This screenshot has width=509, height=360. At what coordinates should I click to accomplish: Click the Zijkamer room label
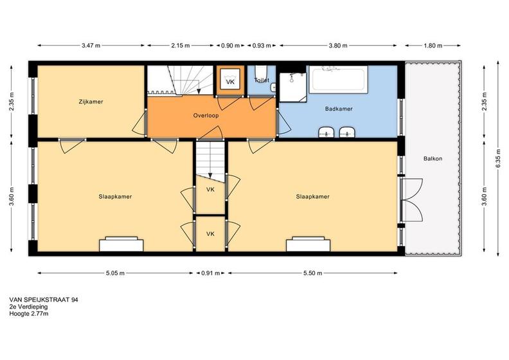tap(91, 102)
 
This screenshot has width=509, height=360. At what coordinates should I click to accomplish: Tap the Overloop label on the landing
tap(206, 115)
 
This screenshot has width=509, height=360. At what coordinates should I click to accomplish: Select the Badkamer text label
tap(339, 109)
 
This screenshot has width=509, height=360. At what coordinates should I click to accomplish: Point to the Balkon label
tap(433, 159)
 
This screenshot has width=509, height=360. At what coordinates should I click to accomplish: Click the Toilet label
tap(262, 80)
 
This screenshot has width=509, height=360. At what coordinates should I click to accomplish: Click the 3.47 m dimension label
tap(91, 46)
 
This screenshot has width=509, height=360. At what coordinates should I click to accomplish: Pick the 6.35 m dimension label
tap(498, 159)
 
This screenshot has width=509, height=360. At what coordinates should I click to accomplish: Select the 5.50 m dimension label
tap(313, 273)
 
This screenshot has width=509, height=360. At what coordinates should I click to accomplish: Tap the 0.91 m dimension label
tap(211, 273)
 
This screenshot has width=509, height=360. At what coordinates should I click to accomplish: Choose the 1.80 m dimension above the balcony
tap(433, 46)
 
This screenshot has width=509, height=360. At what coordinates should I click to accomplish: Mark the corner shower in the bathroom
tap(293, 87)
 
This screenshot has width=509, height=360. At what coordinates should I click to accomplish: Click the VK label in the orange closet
tap(230, 82)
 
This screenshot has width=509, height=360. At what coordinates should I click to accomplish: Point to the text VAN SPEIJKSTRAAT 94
tap(44, 300)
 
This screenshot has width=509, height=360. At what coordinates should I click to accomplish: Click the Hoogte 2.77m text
tap(29, 314)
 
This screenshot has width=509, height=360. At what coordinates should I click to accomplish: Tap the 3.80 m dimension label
tap(338, 46)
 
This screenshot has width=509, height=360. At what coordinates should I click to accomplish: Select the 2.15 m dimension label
tap(181, 46)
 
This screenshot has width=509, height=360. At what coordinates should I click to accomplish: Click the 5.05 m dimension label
tap(115, 273)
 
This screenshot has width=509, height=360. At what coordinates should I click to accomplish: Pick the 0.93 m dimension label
tap(262, 46)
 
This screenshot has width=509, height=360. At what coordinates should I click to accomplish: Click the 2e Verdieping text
tap(28, 307)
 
